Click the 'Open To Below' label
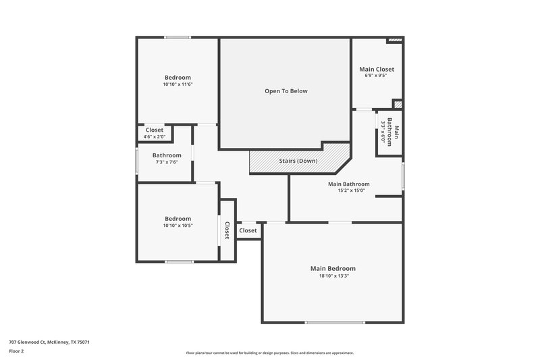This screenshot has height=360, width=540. pos(286,91)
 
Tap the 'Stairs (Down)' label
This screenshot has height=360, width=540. pos(298,161)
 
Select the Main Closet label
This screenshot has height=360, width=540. pos(377,69)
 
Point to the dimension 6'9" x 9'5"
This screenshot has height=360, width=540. pos(377,76)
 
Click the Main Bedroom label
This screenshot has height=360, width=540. pos(333,268)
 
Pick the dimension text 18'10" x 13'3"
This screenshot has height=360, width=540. pos(333,276)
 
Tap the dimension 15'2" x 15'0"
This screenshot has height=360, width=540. pos(349,190)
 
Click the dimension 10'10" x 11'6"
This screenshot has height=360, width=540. pos(178,84)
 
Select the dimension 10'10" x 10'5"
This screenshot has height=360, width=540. pos(178,226)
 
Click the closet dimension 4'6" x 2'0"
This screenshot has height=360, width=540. pos(154,136)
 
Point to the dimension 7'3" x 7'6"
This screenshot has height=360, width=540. pos(166,162)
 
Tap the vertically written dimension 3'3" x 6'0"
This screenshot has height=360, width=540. pos(385,132)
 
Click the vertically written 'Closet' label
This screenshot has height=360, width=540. pos(227,230)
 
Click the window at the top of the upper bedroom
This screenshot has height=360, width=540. pos(178,37)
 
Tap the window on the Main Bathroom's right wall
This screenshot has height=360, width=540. pos(403,176)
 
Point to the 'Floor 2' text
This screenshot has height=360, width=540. pos(16,351)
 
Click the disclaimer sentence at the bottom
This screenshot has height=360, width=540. pos(270,353)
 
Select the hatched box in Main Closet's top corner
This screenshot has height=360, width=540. pos(395,41)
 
